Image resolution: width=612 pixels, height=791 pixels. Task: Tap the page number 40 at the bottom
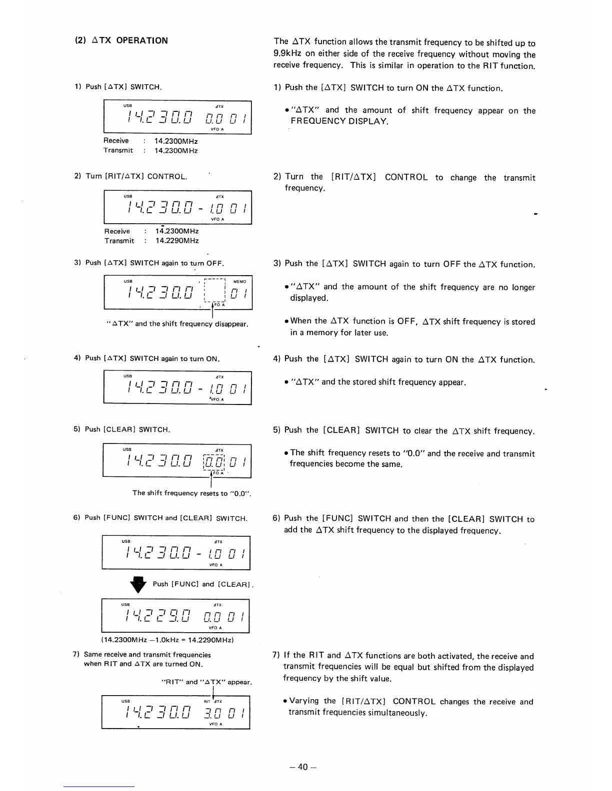[302, 767]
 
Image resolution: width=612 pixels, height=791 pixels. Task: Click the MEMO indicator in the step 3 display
[239, 282]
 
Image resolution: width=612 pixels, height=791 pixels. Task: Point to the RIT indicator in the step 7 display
[207, 701]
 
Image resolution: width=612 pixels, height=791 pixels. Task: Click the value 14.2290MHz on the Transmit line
[177, 241]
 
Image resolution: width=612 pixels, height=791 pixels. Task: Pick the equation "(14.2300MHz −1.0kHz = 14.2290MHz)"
[167, 640]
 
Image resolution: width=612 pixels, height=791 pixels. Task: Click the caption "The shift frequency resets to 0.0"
[191, 493]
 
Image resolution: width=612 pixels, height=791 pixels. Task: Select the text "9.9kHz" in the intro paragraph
[288, 54]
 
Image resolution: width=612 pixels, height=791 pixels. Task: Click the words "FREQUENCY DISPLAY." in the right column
[339, 121]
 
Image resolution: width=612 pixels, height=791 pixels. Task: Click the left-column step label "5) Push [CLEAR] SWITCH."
[122, 429]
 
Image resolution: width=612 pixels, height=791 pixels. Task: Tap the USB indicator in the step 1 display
[127, 106]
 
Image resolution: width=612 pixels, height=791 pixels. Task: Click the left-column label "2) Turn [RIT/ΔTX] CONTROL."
[130, 176]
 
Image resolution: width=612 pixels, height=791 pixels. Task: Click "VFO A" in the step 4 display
[216, 399]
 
